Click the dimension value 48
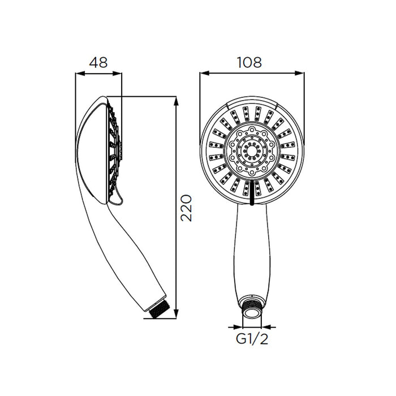[98, 62]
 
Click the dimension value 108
[249, 62]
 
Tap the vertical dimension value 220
[186, 208]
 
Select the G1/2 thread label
[252, 339]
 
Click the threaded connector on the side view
[157, 309]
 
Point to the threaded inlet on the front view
[252, 308]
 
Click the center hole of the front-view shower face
[252, 151]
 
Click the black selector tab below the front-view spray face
[252, 193]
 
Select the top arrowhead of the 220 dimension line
[177, 101]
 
